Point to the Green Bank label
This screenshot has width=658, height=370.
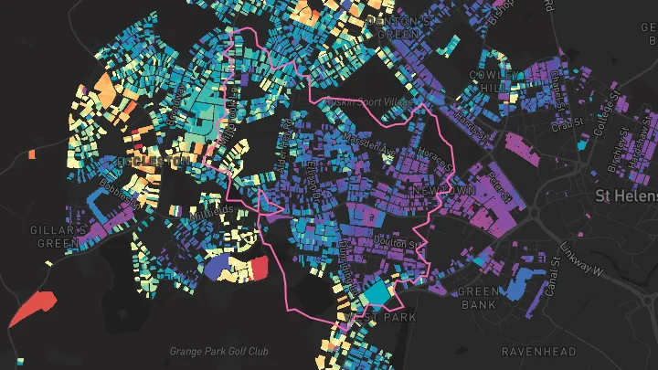477,298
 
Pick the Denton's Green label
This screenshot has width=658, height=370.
399,26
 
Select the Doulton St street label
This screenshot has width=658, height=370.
395,242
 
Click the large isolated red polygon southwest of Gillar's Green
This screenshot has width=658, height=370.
32,308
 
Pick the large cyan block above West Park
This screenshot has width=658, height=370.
377,293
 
